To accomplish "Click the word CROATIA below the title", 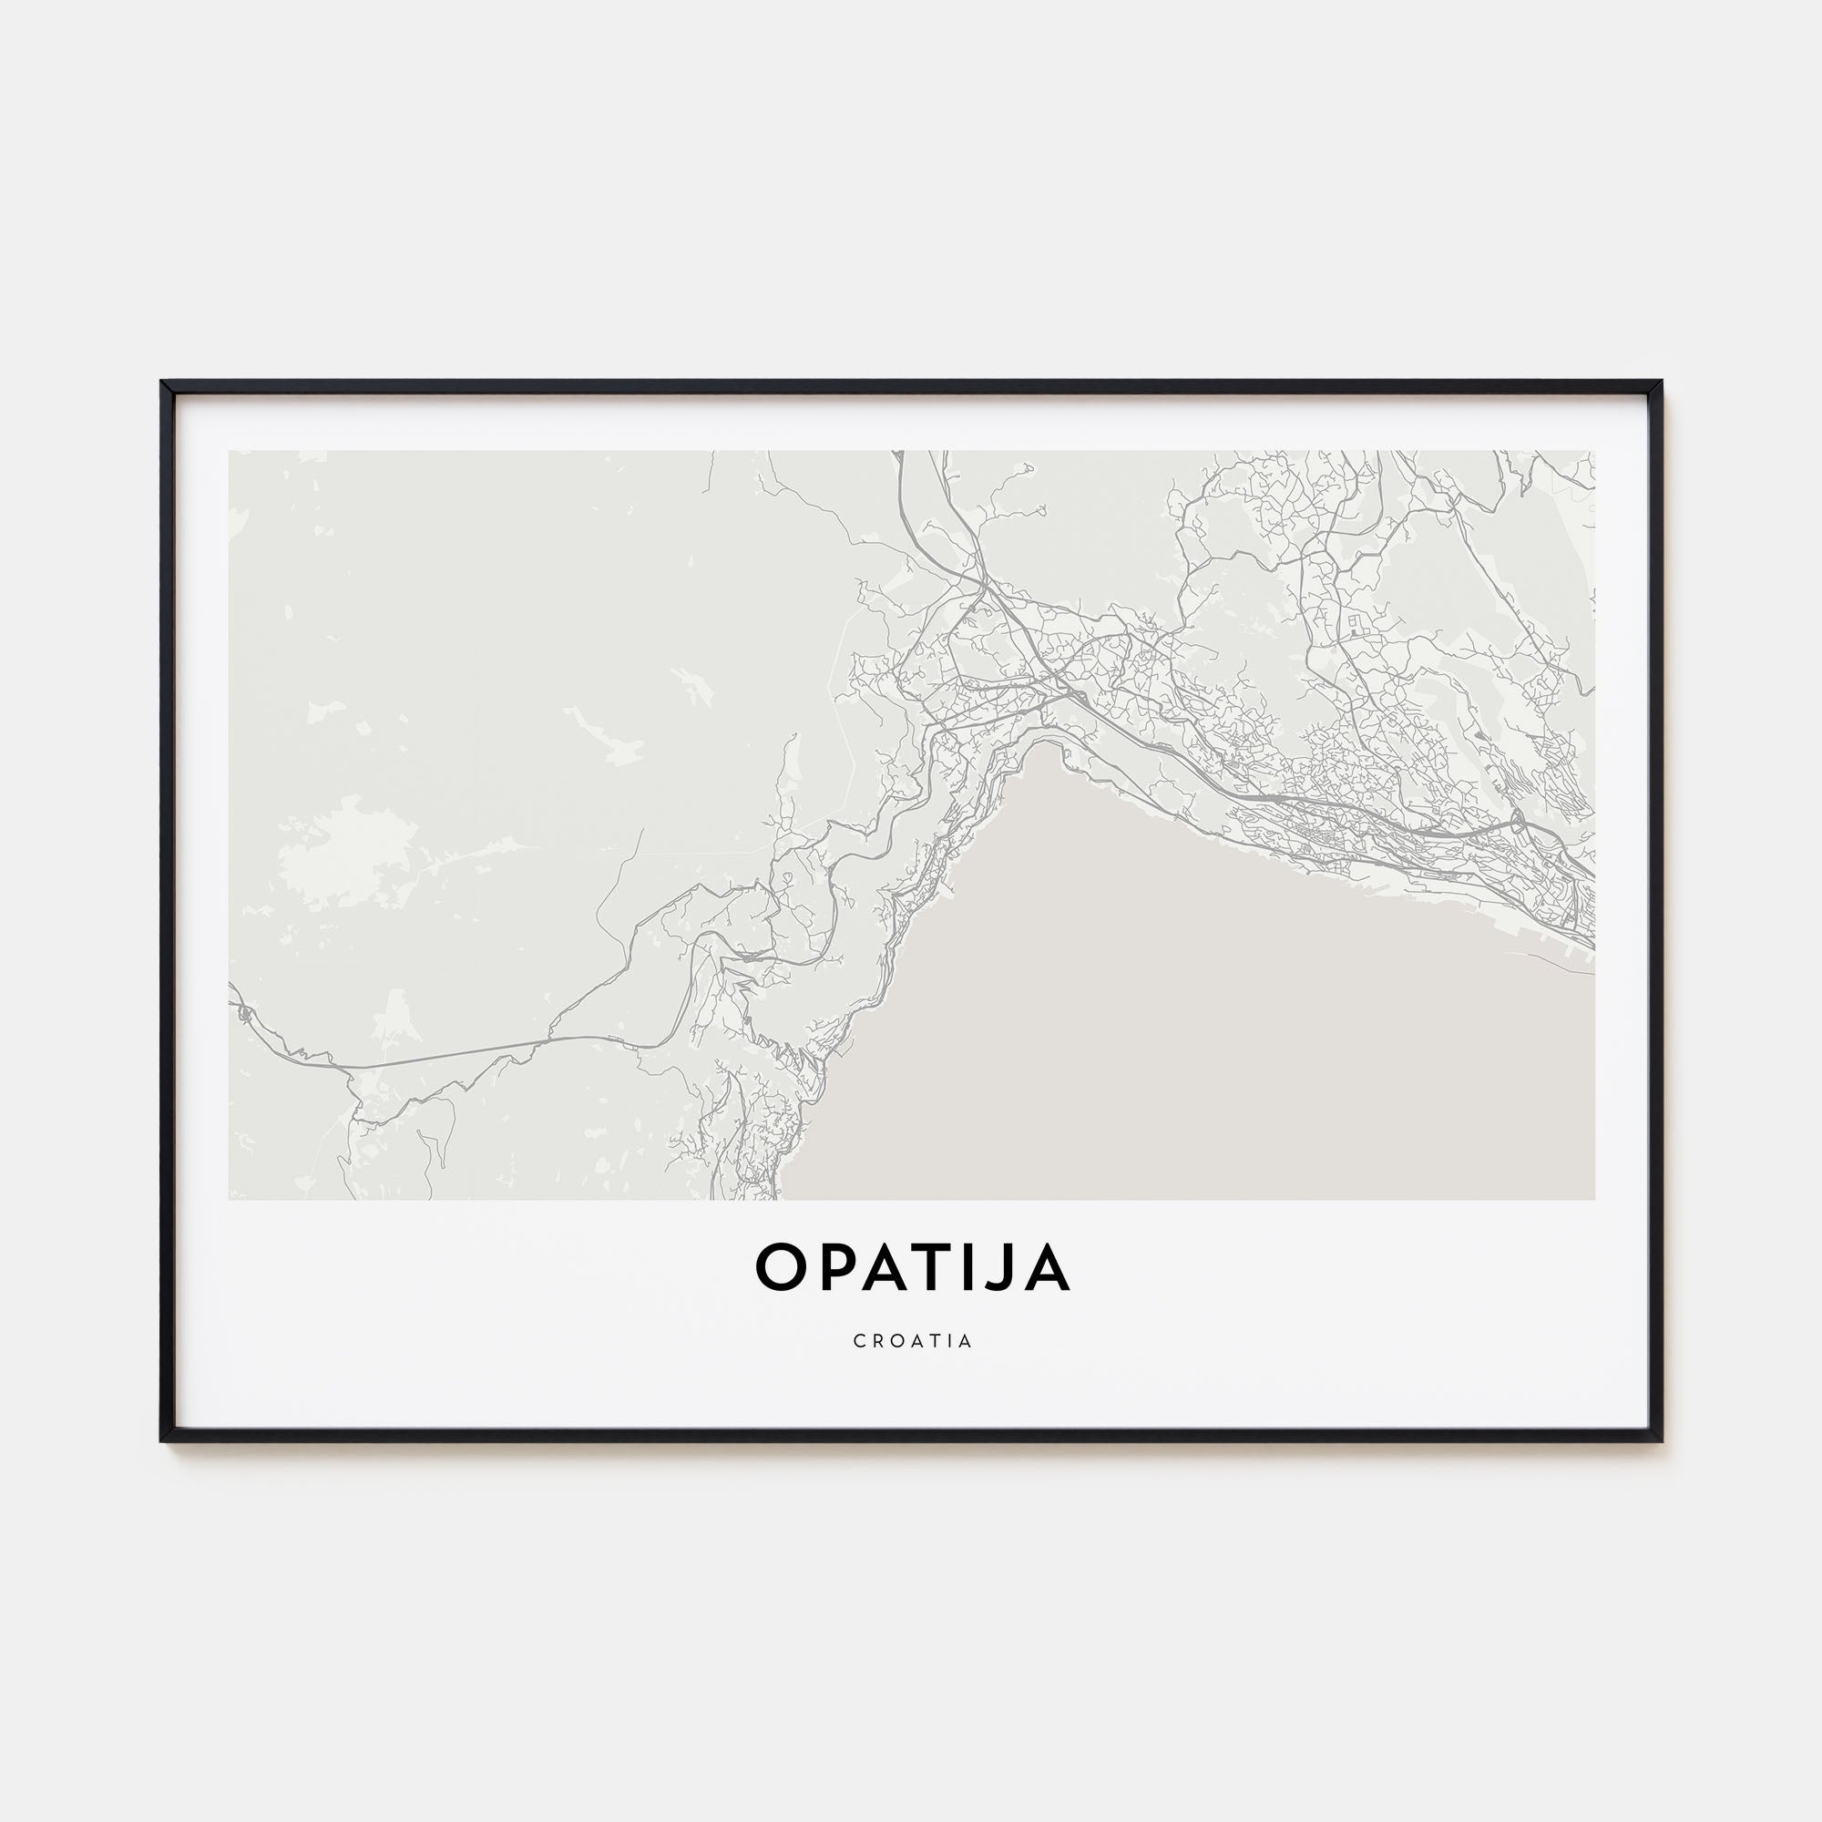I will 912,1341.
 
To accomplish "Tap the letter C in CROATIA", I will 859,1341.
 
